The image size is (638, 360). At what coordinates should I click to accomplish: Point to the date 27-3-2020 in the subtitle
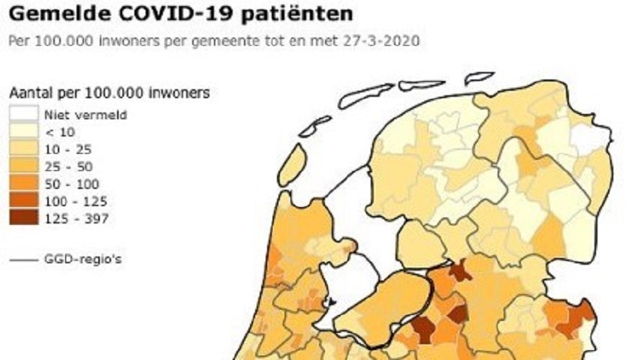coord(386,40)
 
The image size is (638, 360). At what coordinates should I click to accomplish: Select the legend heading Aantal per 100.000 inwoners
coord(109,93)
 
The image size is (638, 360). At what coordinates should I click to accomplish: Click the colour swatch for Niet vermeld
coord(23,115)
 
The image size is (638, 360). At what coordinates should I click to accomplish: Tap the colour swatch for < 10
coord(23,132)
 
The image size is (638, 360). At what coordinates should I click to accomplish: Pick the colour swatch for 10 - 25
coord(23,149)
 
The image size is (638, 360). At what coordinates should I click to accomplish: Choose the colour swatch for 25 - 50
coord(23,166)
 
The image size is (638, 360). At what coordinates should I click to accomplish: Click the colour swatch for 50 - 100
coord(23,184)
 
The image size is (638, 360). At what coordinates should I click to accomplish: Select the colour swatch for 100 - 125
coord(23,201)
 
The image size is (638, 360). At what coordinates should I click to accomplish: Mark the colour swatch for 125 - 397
coord(23,218)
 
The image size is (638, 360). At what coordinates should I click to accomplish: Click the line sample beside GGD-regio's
coord(23,260)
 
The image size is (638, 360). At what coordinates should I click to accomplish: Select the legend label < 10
coord(60,132)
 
